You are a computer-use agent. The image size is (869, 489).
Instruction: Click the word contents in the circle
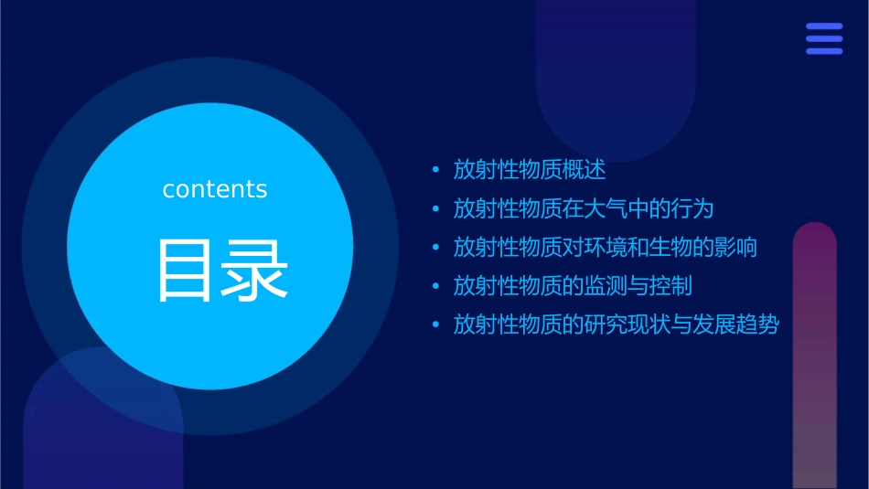tap(215, 189)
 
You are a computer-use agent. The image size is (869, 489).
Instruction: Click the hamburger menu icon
tap(824, 38)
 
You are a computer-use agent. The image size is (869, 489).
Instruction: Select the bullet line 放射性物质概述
tap(530, 170)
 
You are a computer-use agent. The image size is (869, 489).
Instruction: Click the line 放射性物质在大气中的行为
tap(583, 208)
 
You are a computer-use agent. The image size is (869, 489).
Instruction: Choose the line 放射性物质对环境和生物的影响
tap(605, 247)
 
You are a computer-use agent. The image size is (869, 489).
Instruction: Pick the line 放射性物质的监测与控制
tap(573, 286)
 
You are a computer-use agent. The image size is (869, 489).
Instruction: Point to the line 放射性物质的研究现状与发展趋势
tap(616, 324)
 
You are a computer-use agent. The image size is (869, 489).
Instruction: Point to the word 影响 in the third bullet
tap(735, 247)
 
